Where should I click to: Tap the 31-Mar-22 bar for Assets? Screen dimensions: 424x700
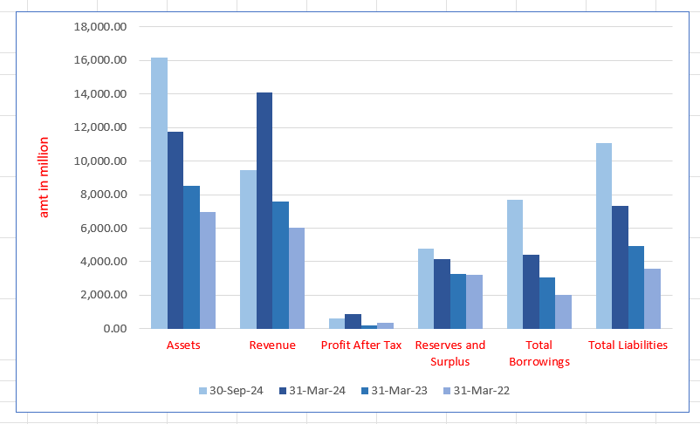tap(209, 270)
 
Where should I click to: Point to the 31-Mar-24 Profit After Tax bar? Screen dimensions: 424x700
tap(353, 321)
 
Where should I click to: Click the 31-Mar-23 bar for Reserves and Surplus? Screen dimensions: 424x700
tap(458, 301)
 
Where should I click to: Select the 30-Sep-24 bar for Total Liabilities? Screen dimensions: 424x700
tap(604, 236)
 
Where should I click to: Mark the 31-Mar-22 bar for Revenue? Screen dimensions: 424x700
tap(298, 278)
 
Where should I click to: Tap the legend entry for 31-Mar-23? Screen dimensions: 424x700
tap(398, 391)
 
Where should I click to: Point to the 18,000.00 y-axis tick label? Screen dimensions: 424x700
tap(101, 27)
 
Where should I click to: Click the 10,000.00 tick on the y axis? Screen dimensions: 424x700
tap(101, 161)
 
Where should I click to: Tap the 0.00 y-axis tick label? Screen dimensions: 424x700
tap(114, 329)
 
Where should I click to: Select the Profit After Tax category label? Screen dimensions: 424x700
tap(361, 345)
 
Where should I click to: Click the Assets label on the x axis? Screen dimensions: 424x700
tap(183, 345)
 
